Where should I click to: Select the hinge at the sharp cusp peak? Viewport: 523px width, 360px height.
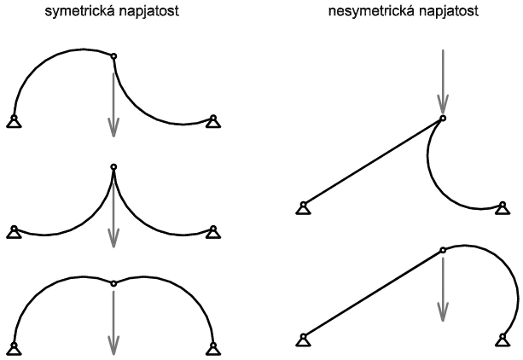113,166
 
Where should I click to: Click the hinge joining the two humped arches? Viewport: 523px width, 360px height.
113,282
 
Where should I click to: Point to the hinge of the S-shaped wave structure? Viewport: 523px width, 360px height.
113,57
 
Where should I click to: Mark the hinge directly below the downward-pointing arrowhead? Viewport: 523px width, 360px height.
442,118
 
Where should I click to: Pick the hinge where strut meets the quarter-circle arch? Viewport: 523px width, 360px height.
442,250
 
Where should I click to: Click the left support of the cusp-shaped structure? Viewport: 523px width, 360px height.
14,232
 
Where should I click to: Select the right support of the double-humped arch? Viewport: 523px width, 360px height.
212,346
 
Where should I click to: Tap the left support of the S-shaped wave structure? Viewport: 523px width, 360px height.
14,120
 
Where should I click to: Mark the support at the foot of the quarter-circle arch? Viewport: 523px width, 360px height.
503,341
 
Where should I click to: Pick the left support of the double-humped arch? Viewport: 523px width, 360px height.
14,346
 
